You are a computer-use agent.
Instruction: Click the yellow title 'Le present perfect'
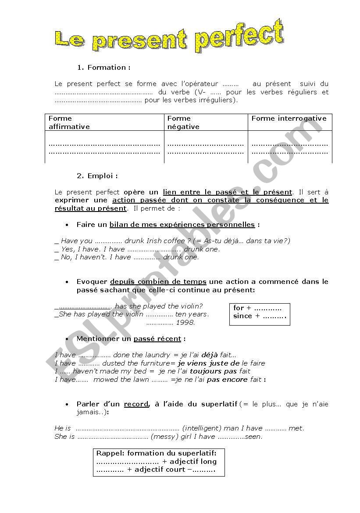click(169, 37)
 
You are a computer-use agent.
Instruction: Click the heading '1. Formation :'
click(104, 68)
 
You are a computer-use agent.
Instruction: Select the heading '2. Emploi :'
click(97, 176)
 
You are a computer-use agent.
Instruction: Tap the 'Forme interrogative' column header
click(289, 118)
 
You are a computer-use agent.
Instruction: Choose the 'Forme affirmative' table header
click(69, 122)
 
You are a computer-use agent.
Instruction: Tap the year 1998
click(185, 323)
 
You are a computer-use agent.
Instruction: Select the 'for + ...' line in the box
click(257, 308)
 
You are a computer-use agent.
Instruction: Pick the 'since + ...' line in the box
click(259, 316)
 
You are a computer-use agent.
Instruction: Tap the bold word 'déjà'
click(209, 355)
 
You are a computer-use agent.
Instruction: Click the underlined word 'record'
click(136, 404)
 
